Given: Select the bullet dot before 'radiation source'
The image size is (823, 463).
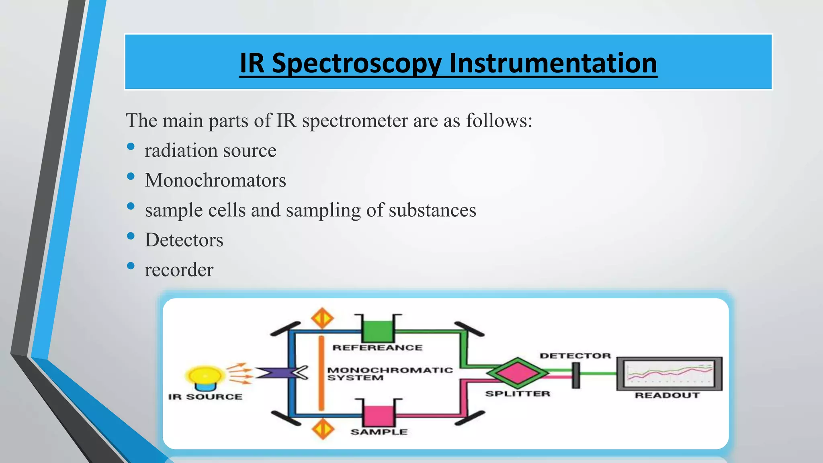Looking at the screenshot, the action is pos(131,147).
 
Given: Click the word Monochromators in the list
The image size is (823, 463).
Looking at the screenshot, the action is pos(215,180).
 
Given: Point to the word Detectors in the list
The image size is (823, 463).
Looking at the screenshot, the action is pos(184,240).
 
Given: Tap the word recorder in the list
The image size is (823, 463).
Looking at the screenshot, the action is pos(179,270).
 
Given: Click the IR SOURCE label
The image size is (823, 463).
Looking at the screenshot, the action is pos(205,397).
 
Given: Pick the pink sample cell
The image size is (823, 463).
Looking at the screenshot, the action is pos(379,416).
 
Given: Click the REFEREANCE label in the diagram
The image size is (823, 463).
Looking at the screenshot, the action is pos(377,348).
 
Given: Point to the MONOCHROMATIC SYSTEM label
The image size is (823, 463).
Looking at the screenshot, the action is pos(389,374).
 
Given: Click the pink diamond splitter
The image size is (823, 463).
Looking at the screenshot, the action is pos(517,373).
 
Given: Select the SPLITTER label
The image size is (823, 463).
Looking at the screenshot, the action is pos(518,394).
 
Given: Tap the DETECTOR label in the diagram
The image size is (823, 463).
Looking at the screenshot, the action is pos(575,356).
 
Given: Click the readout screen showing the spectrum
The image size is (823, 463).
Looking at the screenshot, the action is pos(669,373).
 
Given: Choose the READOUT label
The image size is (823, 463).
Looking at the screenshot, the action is pos(667,395).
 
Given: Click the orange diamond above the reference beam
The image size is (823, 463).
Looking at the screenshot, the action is pos(322,319).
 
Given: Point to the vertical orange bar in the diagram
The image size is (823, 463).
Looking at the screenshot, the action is pos(321,374).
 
